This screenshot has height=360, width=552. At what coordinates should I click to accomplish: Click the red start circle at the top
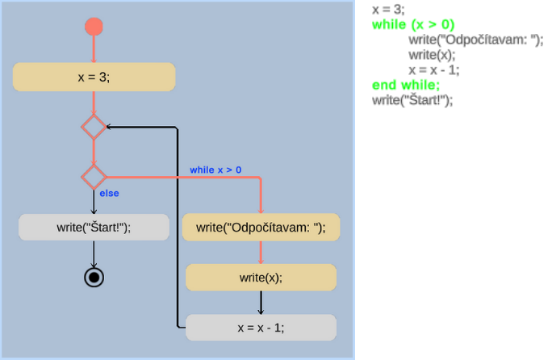[x=94, y=27]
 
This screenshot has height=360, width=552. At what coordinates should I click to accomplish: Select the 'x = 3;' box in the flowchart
[x=94, y=77]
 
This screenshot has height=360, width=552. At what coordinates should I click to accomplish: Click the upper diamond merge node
[x=94, y=127]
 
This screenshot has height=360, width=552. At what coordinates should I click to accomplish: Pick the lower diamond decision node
[x=94, y=176]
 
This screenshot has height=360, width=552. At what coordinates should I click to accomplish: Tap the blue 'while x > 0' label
[x=215, y=170]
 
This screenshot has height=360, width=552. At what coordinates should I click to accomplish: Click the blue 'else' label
[x=109, y=194]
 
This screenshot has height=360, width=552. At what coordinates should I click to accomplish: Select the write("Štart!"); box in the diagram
[x=94, y=228]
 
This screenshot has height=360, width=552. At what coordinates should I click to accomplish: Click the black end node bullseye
[x=94, y=278]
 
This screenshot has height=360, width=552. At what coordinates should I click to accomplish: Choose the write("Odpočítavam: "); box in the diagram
[x=261, y=228]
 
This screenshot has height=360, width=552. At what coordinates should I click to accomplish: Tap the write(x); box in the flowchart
[x=261, y=278]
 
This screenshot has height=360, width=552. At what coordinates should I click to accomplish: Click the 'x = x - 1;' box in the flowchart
[x=261, y=328]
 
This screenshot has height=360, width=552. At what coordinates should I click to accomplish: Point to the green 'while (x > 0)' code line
[x=413, y=25]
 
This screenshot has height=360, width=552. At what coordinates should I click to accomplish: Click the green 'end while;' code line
[x=406, y=85]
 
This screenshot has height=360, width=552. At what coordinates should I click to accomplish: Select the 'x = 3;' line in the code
[x=388, y=10]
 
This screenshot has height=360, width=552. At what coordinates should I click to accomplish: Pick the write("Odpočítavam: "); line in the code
[x=475, y=40]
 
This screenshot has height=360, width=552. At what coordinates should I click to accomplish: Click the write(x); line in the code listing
[x=432, y=55]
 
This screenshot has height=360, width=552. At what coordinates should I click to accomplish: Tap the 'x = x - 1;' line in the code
[x=434, y=70]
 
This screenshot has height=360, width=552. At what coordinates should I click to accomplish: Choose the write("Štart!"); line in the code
[x=412, y=100]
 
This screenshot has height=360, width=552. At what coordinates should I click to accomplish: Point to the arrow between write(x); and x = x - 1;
[x=261, y=302]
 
